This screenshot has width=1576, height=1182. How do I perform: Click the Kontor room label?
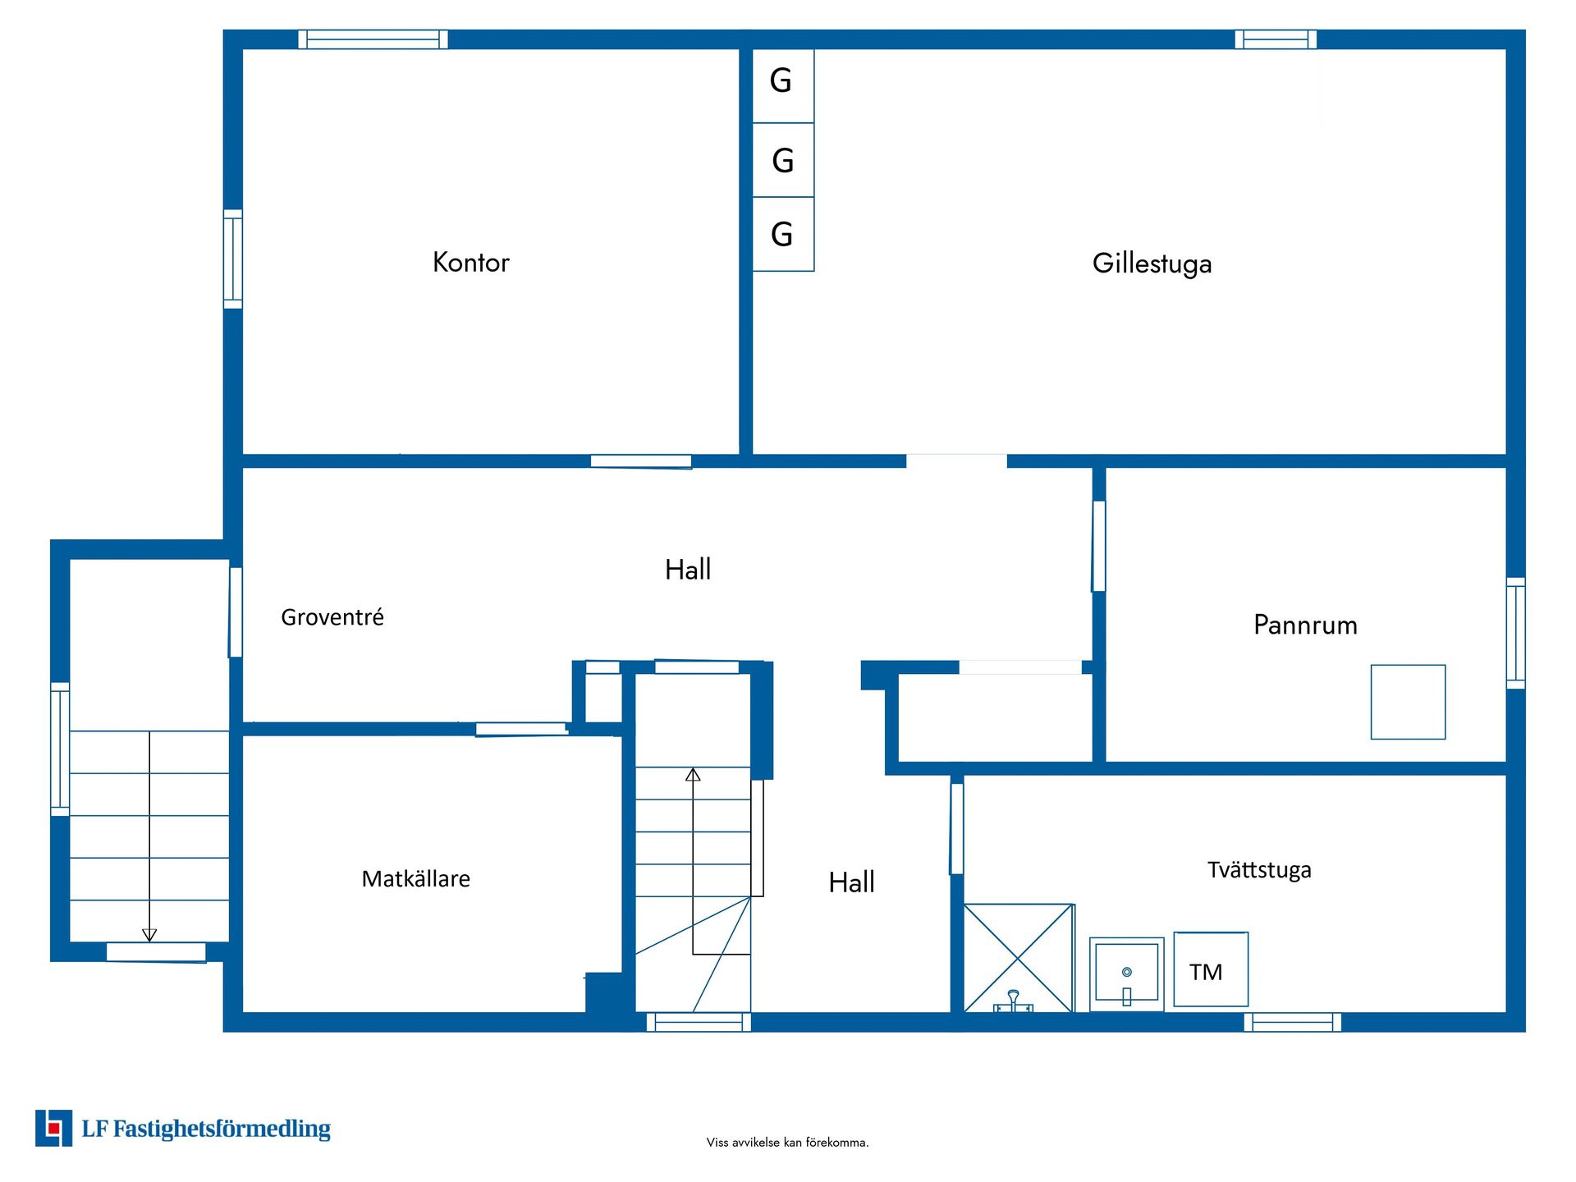coord(470,263)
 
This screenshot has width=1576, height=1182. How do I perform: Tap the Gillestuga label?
coord(1152,263)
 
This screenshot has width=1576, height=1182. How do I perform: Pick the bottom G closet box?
coord(782,235)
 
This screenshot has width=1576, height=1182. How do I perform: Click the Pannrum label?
coord(1305,625)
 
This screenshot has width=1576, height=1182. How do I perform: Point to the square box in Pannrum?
coord(1408,702)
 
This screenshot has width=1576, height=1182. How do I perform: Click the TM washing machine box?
coord(1210,969)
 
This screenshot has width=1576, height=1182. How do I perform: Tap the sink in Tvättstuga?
coord(1126,974)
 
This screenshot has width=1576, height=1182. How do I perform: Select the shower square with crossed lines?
coord(1018,958)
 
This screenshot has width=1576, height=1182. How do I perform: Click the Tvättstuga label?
coord(1259,870)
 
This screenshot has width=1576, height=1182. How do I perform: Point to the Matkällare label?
coord(415,879)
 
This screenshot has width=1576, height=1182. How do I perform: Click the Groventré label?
coord(332,617)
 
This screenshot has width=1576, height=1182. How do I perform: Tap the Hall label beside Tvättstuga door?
coord(851,883)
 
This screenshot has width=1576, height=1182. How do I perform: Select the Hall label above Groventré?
coord(687,570)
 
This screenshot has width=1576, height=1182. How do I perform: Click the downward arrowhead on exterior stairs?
coord(149,935)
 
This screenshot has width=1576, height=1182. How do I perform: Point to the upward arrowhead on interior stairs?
coord(693,774)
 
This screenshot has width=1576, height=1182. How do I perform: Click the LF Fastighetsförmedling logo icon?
coord(53,1128)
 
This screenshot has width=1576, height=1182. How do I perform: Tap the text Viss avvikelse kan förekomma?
coord(787,1142)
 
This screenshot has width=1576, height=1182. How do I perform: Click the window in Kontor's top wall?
coord(373,39)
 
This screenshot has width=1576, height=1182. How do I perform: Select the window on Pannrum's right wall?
coord(1515,633)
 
